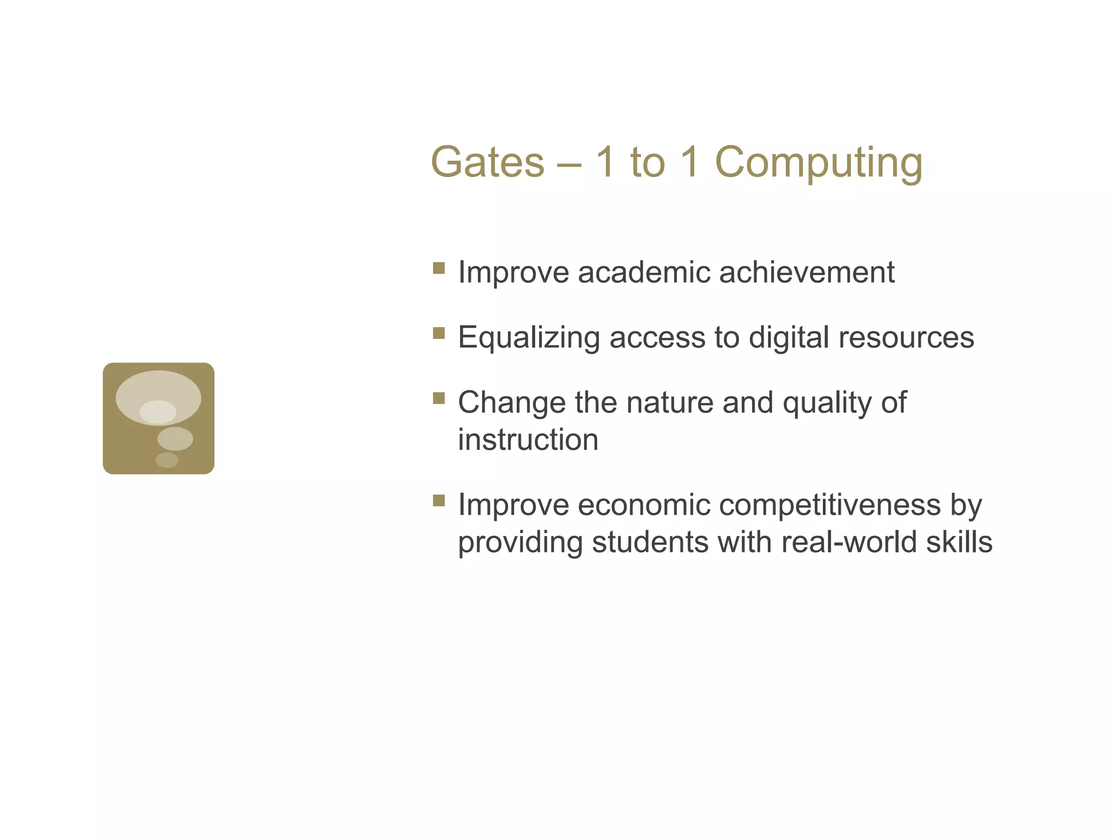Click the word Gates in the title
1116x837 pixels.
coord(487,162)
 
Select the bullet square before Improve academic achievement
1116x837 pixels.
coord(439,268)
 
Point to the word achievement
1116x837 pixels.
coord(806,272)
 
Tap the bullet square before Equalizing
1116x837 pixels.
coord(439,333)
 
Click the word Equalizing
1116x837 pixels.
coord(529,338)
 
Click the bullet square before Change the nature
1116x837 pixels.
coord(439,398)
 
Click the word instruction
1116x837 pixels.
coord(528,440)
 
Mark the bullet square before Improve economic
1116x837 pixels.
coord(439,500)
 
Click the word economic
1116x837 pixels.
coord(643,505)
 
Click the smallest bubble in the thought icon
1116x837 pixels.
coord(167,460)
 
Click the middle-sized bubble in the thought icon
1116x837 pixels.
coord(175,439)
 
